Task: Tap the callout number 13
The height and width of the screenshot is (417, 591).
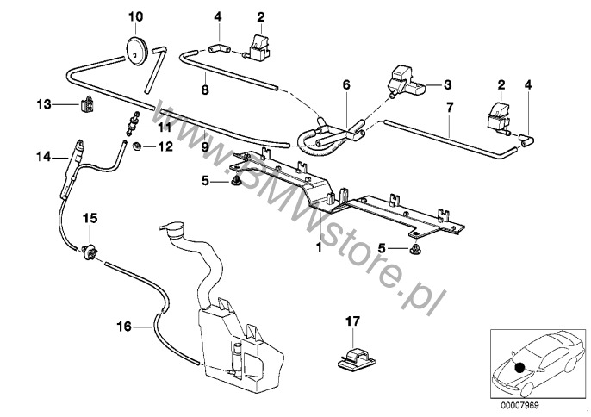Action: (x=44, y=104)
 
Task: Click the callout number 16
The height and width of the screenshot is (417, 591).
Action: (x=124, y=326)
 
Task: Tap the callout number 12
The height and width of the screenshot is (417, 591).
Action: (x=164, y=146)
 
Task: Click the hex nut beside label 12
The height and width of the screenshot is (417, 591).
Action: (x=136, y=147)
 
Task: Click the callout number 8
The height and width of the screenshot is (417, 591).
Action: (x=204, y=88)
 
